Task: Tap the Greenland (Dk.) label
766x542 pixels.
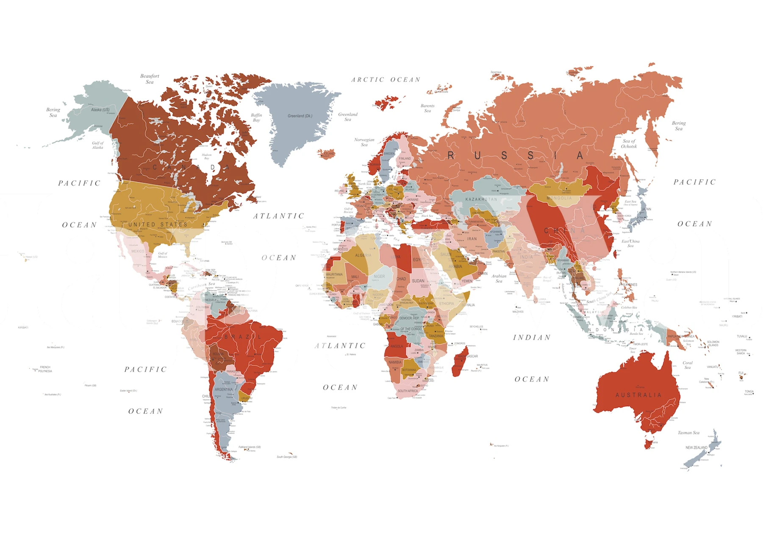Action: click(x=300, y=116)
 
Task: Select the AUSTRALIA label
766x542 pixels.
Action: click(x=638, y=395)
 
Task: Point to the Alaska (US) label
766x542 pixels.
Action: click(x=100, y=110)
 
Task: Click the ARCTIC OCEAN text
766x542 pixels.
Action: click(x=386, y=80)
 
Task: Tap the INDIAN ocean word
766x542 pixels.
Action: click(x=532, y=337)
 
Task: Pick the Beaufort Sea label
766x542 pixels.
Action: click(x=150, y=79)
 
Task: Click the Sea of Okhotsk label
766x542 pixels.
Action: click(x=629, y=144)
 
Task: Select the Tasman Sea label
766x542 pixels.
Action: click(x=688, y=433)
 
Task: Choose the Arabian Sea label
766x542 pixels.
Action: click(x=499, y=278)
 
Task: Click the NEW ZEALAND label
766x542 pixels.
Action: click(x=696, y=448)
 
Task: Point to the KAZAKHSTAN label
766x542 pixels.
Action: click(x=481, y=199)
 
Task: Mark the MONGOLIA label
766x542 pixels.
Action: click(x=559, y=198)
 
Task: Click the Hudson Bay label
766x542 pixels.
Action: click(x=206, y=157)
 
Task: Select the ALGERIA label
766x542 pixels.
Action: click(x=363, y=255)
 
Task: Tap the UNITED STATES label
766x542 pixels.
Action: click(x=158, y=224)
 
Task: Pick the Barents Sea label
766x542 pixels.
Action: click(x=427, y=108)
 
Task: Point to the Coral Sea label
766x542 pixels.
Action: click(x=687, y=365)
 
